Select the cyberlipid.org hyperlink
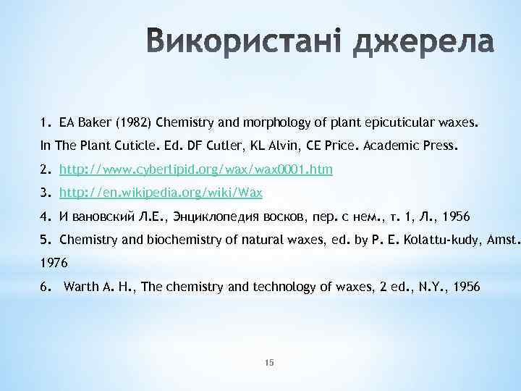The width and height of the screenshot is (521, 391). [x=196, y=169]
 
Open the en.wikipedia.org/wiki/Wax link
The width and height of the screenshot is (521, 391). [x=161, y=193]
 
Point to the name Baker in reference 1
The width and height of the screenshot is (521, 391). [x=94, y=121]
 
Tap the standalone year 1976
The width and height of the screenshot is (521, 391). [x=53, y=264]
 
